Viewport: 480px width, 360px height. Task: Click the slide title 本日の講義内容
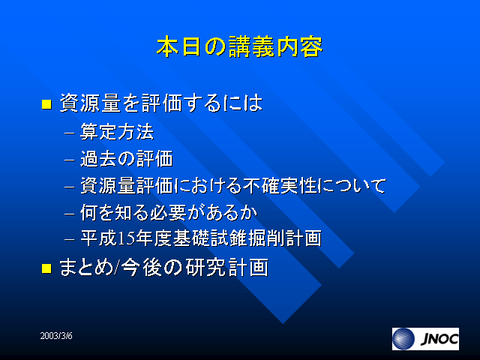(240, 46)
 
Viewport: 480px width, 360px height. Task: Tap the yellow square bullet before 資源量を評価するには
(46, 104)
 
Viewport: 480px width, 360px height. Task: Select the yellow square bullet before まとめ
(46, 268)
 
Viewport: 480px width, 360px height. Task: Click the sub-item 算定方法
(117, 132)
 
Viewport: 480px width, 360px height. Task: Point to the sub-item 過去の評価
(127, 158)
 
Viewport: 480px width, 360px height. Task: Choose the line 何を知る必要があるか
(169, 212)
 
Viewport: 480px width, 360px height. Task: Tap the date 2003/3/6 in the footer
(56, 336)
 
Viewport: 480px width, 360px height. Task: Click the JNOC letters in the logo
(439, 339)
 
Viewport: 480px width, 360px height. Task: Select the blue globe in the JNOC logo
(403, 339)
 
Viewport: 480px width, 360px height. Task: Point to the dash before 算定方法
(70, 133)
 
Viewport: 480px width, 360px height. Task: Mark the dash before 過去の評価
(70, 160)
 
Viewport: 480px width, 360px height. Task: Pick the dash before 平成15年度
(70, 239)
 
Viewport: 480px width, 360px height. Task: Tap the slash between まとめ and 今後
(116, 268)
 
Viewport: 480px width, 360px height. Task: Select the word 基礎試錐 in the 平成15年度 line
(210, 238)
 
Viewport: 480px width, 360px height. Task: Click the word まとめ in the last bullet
(86, 267)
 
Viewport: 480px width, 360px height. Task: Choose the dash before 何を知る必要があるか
(70, 214)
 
